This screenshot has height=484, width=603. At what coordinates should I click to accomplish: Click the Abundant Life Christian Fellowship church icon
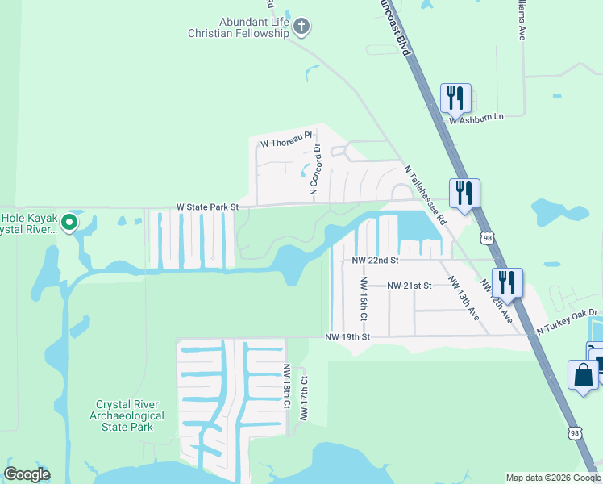point(301,27)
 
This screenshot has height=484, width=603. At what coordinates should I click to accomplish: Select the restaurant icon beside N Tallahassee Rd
point(464,193)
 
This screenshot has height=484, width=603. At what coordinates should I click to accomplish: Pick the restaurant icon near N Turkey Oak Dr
point(507,282)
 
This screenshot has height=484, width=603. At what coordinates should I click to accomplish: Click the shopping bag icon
point(583,375)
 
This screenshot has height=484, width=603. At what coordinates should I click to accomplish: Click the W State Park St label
point(208,207)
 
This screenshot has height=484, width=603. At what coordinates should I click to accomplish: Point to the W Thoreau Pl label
point(285,143)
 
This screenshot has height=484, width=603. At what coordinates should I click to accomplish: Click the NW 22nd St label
point(376,261)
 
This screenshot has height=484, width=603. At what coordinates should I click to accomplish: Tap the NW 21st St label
point(410,286)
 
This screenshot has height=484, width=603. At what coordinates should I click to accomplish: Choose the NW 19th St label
point(347,336)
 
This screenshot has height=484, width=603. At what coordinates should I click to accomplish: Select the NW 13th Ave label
point(464,298)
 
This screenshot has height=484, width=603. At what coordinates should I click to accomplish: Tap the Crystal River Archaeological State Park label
point(130,415)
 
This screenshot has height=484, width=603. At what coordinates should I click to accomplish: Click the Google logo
point(27,474)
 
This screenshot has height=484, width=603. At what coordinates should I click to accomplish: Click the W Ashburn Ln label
point(476,118)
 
